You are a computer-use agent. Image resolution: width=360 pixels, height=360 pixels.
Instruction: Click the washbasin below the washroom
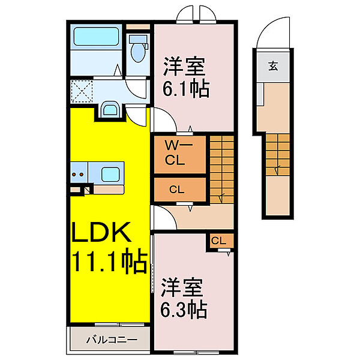[110, 109]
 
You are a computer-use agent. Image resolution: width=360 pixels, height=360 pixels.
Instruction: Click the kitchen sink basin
[110, 175]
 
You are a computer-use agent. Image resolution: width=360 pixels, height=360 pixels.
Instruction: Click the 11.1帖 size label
[109, 262]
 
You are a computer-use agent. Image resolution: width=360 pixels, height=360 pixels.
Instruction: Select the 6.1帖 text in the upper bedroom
[185, 89]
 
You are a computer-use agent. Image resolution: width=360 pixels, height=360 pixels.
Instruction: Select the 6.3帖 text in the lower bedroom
[184, 309]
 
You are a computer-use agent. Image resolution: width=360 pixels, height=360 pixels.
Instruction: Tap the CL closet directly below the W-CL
[175, 190]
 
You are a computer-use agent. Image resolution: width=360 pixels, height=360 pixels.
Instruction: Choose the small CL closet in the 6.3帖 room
[219, 241]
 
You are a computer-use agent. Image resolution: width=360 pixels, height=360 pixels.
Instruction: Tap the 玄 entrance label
[273, 67]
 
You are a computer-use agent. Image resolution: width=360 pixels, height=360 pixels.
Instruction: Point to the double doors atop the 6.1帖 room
[194, 14]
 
